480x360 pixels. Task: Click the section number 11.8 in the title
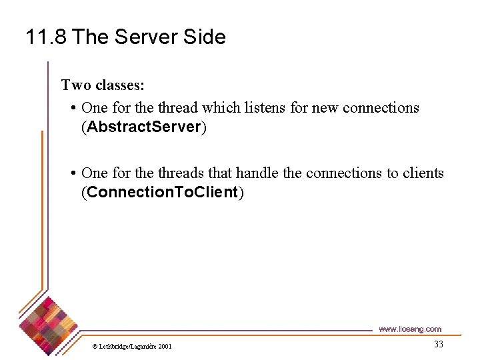coord(46,37)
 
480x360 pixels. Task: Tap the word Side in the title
coord(203,37)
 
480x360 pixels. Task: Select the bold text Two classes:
coord(103,85)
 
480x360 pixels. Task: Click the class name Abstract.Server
coord(144,127)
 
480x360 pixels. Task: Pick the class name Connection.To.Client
coord(163,193)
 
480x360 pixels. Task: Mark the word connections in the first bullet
coord(381,107)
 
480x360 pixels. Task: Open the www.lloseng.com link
coord(409,329)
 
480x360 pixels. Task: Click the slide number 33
coord(438,344)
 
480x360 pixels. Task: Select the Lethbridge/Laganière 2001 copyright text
coord(131,346)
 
